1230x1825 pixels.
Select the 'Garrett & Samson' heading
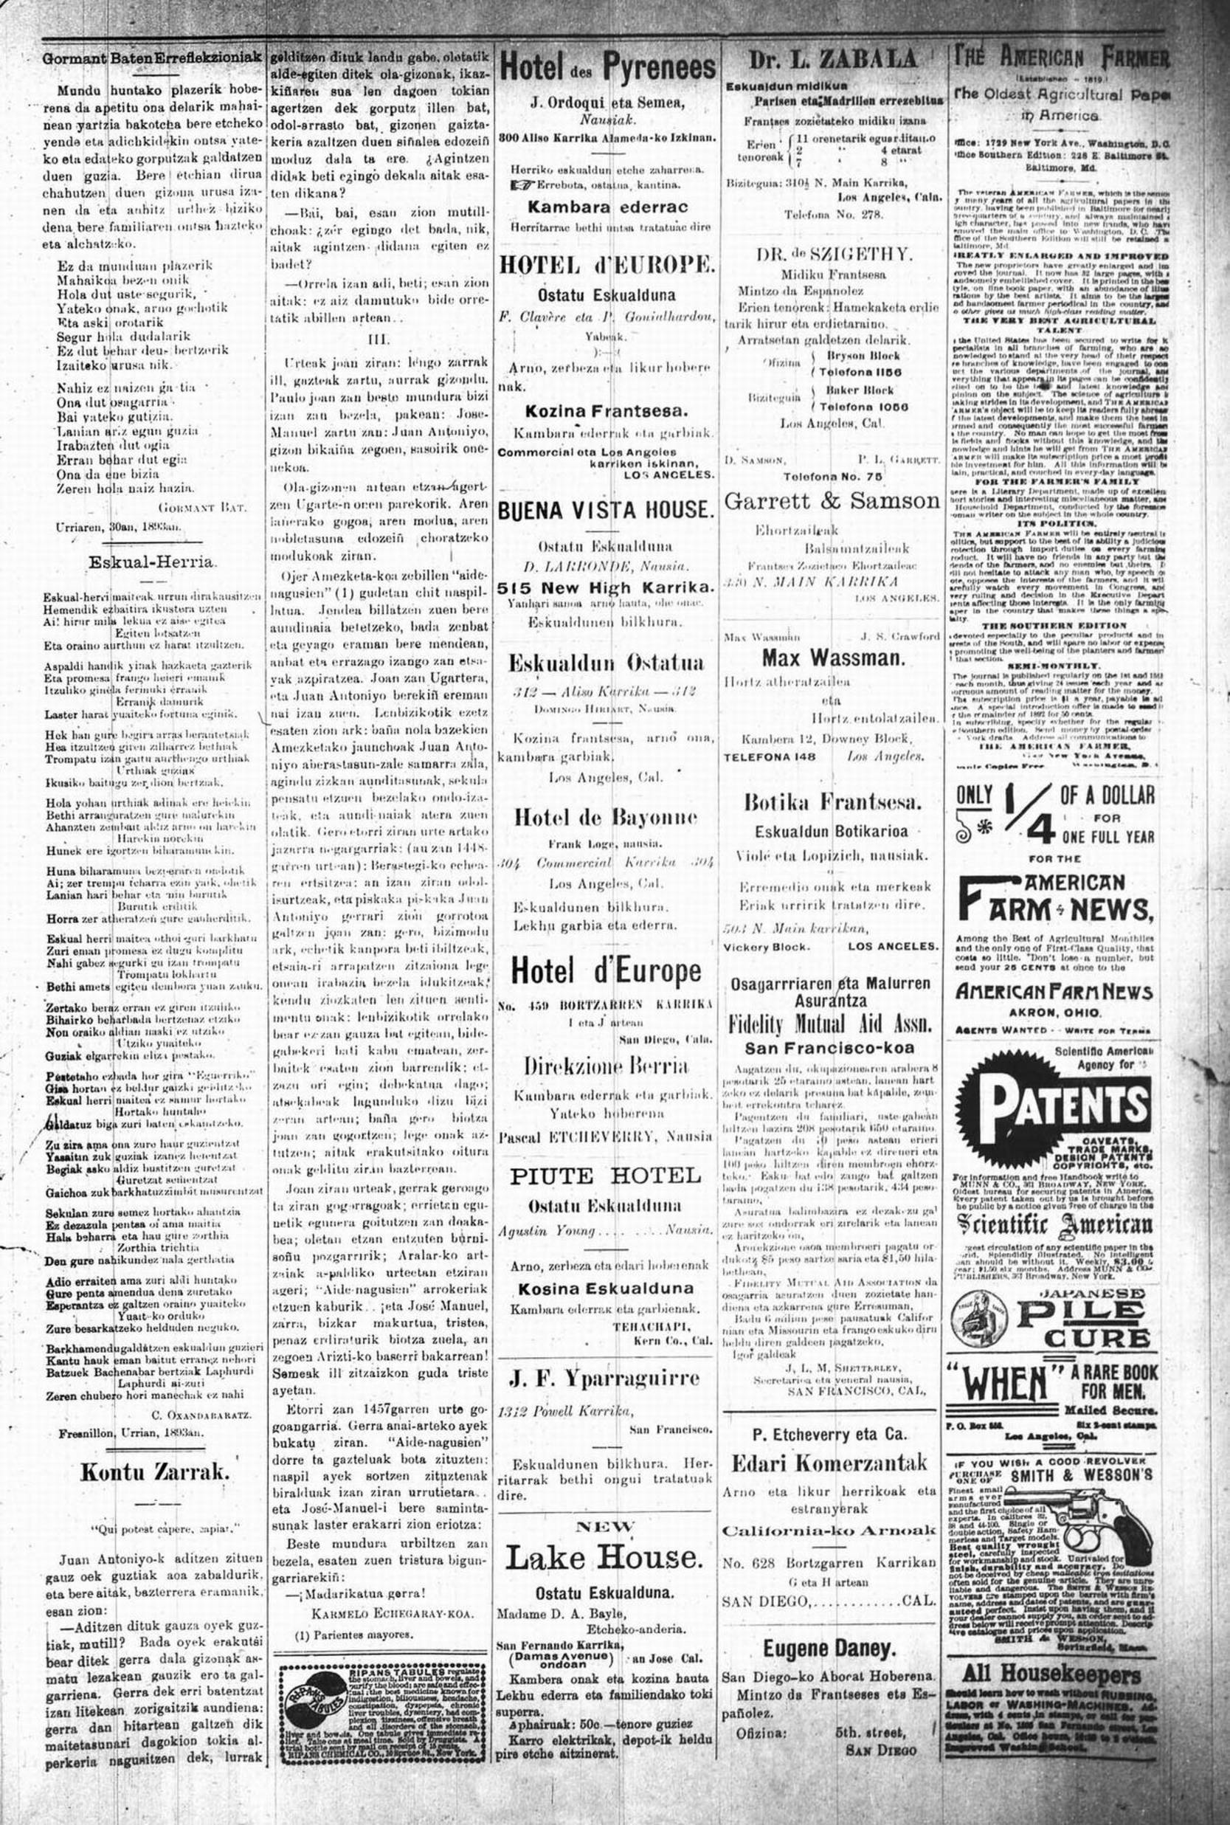[x=832, y=500]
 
